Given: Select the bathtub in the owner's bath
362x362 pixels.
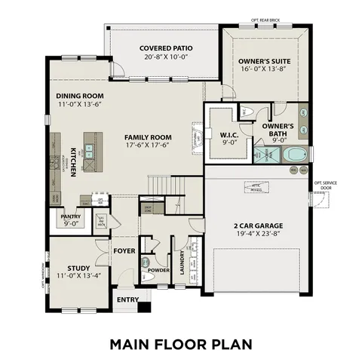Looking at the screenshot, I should (x=293, y=155).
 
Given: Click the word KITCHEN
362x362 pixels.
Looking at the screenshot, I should (x=74, y=161).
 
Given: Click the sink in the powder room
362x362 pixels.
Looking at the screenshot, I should (x=145, y=262).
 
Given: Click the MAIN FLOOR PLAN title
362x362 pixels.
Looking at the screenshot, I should (x=180, y=344).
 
